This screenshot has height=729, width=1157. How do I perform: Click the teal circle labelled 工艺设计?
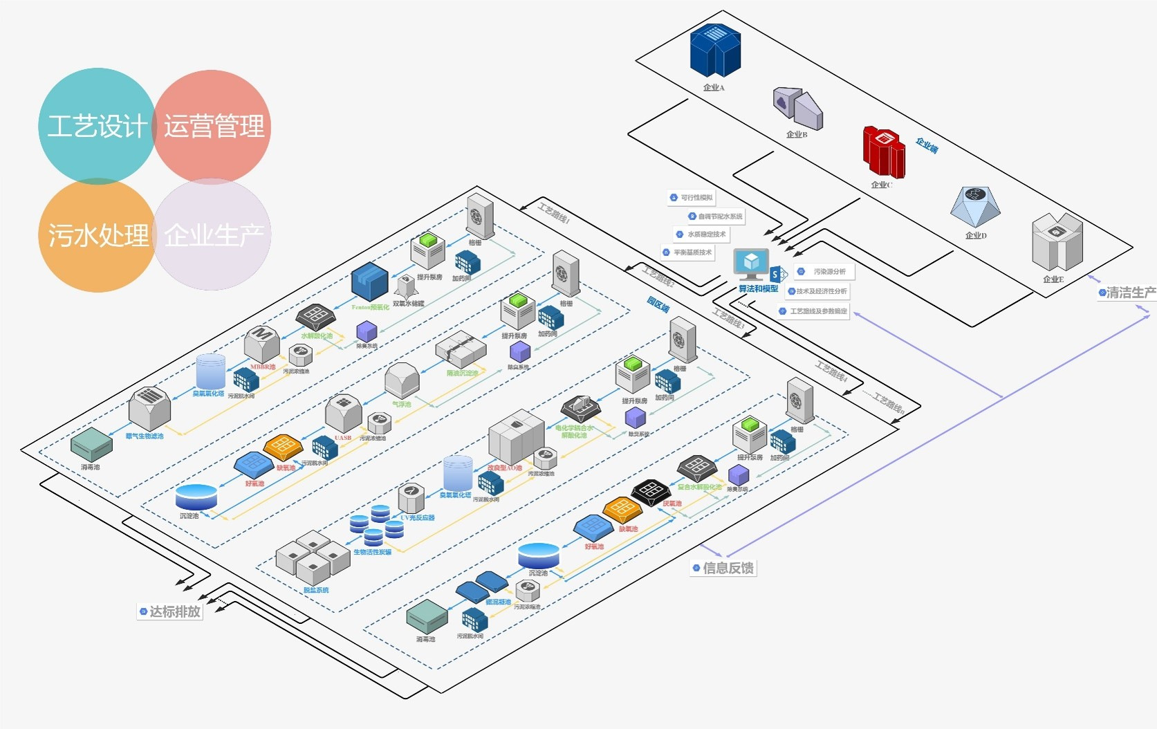tap(97, 126)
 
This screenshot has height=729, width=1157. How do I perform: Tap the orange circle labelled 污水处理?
tap(97, 236)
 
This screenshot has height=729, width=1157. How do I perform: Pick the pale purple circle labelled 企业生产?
tap(212, 236)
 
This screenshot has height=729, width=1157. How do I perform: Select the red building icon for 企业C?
tap(883, 151)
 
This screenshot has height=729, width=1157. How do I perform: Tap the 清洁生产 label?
tap(1127, 293)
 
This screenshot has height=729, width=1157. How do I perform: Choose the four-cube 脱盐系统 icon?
tap(313, 557)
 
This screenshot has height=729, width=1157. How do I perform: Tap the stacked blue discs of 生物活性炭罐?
tap(376, 525)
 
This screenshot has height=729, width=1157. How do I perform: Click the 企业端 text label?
tap(927, 145)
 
